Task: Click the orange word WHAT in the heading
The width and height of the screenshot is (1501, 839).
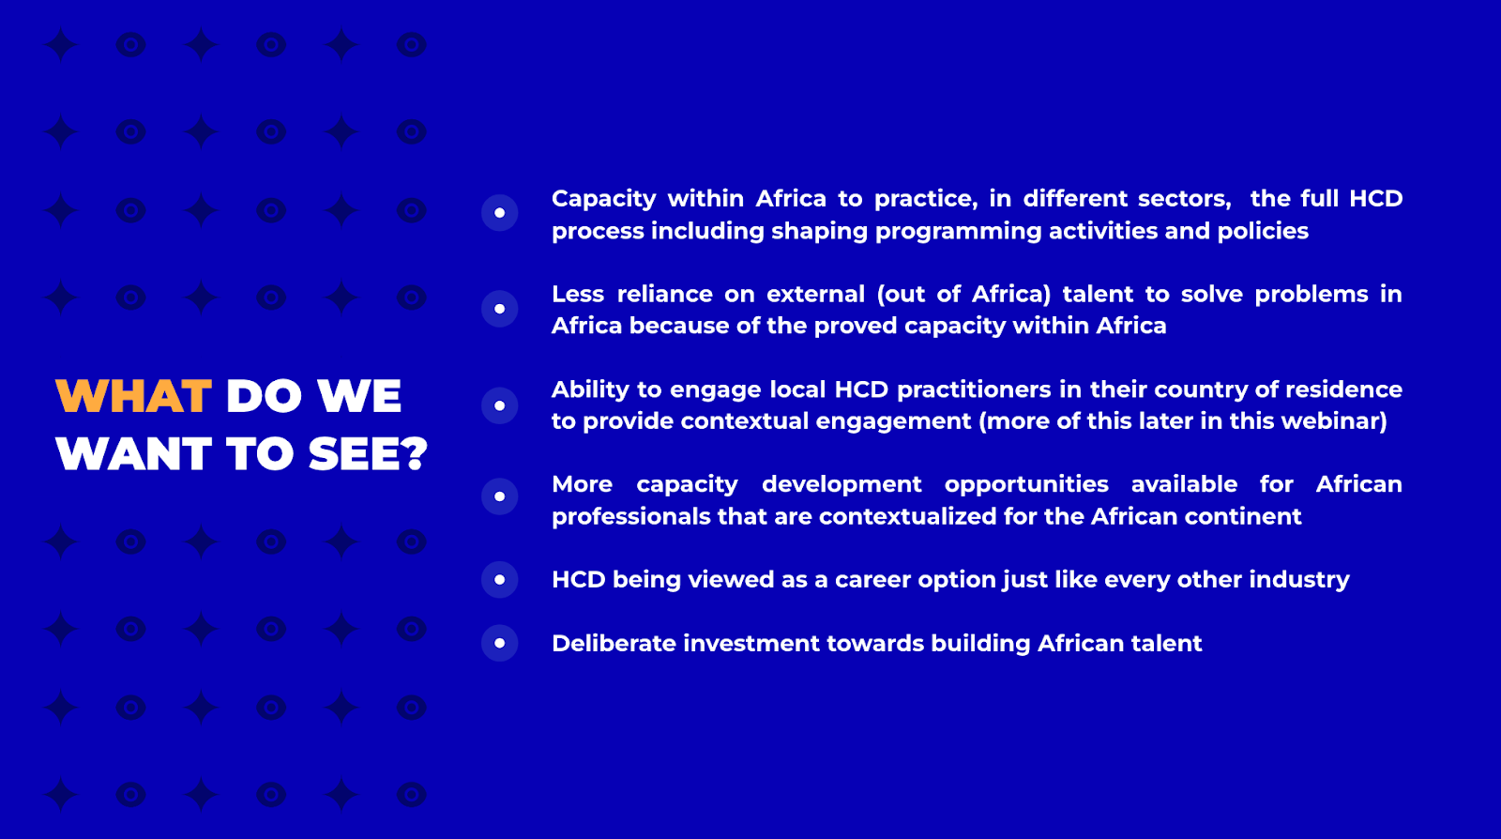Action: (133, 396)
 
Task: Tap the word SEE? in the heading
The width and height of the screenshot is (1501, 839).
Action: (367, 454)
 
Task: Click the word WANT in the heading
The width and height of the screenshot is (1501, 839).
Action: (134, 454)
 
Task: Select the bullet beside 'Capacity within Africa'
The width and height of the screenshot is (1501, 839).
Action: (500, 213)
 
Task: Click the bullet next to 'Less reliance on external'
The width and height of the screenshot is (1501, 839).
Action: (500, 309)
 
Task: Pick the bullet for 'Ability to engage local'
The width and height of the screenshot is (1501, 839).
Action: (500, 405)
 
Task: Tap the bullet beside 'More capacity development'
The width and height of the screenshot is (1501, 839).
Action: (500, 496)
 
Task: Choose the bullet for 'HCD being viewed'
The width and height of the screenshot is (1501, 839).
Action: (500, 580)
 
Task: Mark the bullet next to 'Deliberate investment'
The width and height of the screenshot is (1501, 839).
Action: (500, 643)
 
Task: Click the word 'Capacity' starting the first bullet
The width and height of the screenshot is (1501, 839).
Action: (604, 200)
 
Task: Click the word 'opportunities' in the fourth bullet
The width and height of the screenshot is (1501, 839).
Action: (1026, 485)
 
